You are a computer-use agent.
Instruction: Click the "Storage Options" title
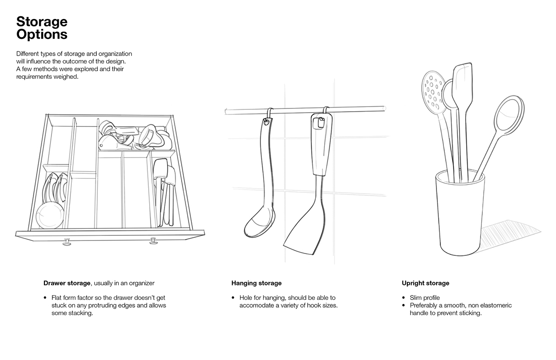[42, 28]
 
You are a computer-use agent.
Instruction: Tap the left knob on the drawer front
[67, 241]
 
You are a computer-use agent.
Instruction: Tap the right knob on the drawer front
[153, 240]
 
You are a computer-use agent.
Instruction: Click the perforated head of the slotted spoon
[432, 88]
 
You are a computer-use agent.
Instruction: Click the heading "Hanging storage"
[256, 283]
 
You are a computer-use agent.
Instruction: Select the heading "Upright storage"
[425, 283]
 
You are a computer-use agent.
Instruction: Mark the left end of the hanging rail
[225, 111]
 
